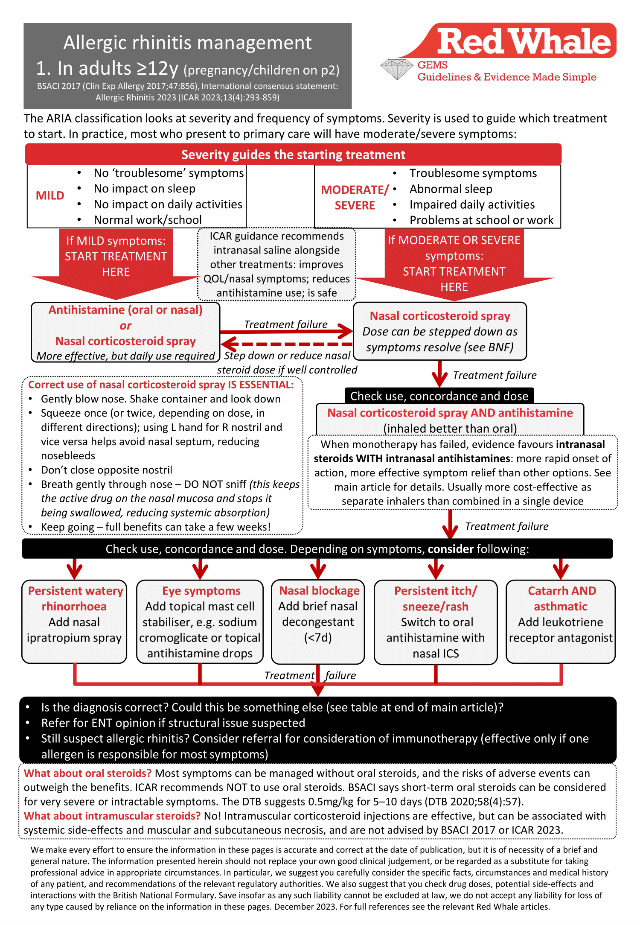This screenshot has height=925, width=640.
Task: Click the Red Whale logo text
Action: [524, 41]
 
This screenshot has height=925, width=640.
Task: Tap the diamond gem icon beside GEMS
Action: [397, 69]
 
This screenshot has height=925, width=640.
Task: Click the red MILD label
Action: [50, 196]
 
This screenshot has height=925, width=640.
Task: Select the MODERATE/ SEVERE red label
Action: [355, 197]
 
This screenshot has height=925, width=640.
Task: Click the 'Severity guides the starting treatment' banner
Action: [293, 155]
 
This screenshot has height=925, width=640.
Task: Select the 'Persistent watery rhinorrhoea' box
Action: [75, 621]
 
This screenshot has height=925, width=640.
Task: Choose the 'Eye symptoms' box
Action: [200, 621]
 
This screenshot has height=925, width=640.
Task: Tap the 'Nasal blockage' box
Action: [318, 621]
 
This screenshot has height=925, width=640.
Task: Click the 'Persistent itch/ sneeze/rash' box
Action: [436, 622]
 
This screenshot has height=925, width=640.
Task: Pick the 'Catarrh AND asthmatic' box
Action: [561, 621]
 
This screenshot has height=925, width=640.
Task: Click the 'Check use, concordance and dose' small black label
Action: [439, 396]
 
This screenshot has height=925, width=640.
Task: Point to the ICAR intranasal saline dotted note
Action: [276, 265]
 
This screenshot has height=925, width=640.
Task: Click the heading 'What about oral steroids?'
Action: [88, 773]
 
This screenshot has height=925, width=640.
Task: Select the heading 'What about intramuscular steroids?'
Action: [112, 816]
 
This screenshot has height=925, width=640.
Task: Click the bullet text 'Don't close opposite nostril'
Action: [107, 470]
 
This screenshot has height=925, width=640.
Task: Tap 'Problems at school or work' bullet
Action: [481, 220]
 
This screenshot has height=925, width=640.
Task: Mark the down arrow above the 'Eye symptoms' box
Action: [200, 569]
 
